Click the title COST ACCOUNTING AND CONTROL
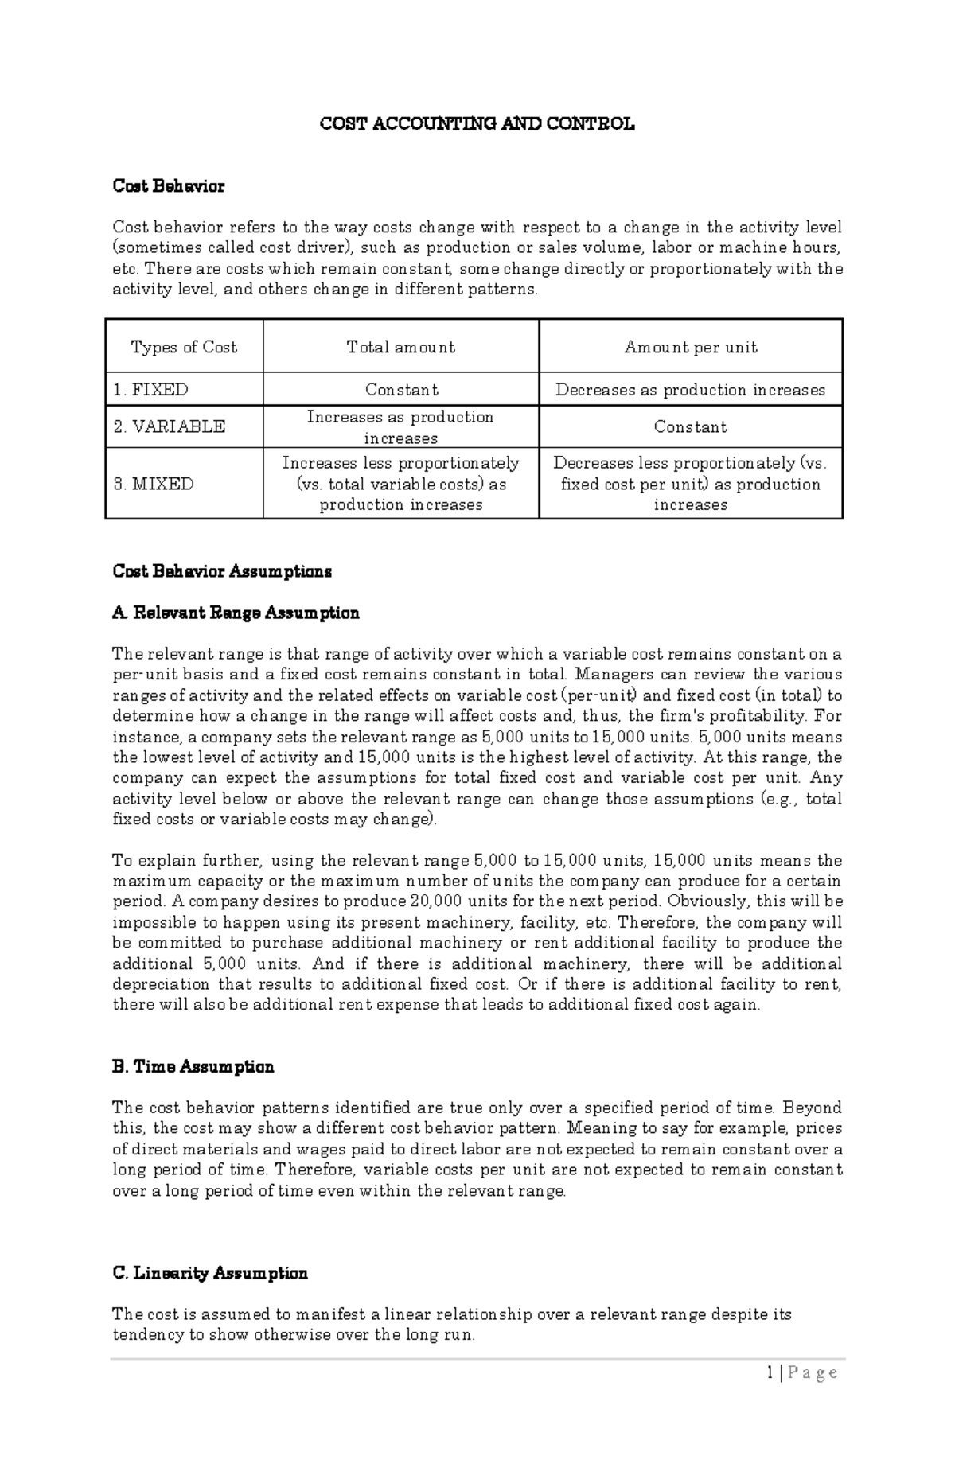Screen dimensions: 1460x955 [x=477, y=124]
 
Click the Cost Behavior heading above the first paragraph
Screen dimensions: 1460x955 [x=168, y=186]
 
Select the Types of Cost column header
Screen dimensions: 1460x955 [x=184, y=348]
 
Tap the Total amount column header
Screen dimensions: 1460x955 [x=400, y=348]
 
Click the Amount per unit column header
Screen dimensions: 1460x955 [x=690, y=348]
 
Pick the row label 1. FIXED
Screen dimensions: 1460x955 [x=150, y=390]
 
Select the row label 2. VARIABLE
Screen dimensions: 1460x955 [x=169, y=427]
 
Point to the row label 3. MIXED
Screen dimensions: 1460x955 [x=153, y=484]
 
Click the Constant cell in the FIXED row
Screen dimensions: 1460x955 [x=401, y=390]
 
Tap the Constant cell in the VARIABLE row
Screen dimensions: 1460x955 [x=690, y=427]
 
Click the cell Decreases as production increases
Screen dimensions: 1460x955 [x=690, y=390]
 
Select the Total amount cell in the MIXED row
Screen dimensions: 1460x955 [x=401, y=484]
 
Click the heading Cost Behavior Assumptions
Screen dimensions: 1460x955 [x=222, y=571]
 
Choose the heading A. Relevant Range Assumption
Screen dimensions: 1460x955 [x=236, y=613]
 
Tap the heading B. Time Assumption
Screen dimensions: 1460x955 [x=193, y=1067]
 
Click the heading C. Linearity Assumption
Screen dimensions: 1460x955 [x=210, y=1273]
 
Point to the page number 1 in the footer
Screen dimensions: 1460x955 [x=770, y=1372]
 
